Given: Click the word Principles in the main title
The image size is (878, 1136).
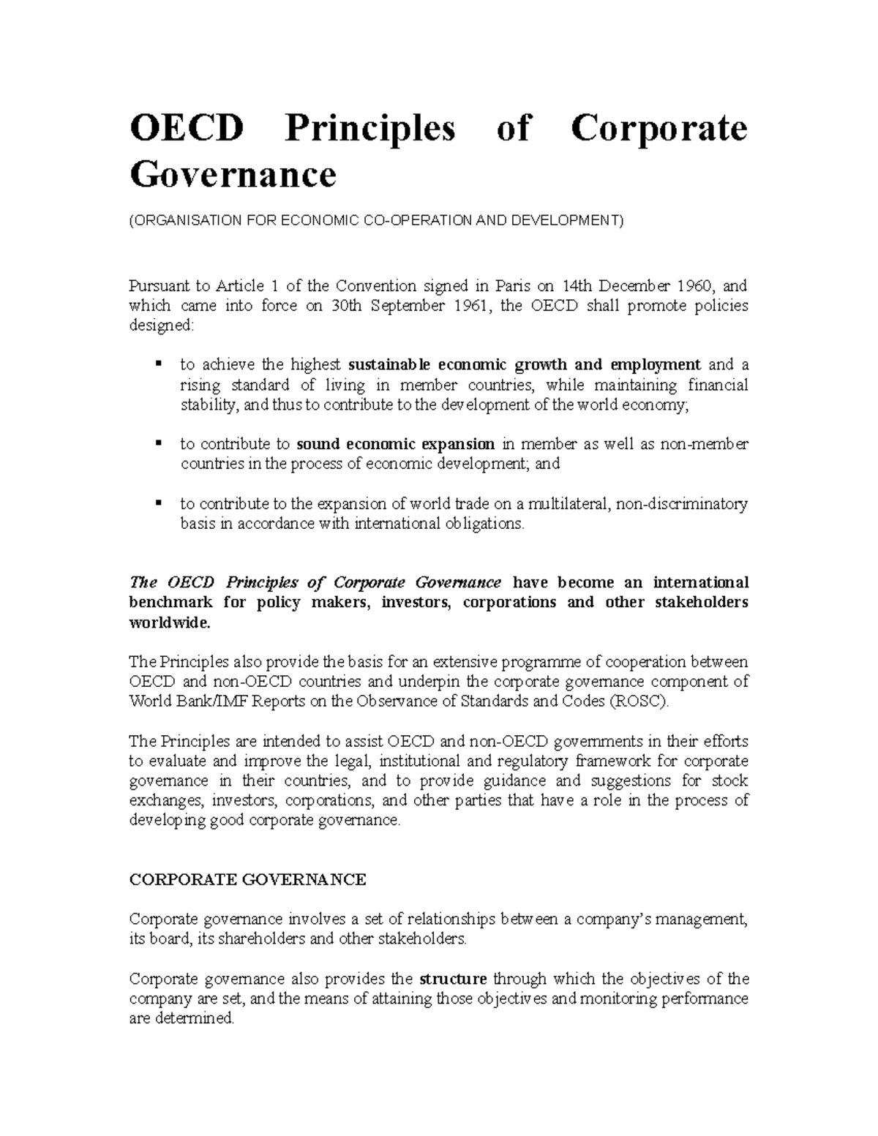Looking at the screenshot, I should (x=369, y=129).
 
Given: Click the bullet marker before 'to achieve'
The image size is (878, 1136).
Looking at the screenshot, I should (x=157, y=364).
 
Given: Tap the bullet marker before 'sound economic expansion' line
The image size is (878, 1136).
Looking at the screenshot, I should (x=157, y=443).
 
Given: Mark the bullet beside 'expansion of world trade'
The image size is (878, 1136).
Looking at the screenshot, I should (x=157, y=503).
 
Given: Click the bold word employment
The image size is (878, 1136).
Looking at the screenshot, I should (x=656, y=365).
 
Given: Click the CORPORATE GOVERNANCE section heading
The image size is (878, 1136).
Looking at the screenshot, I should (x=247, y=880).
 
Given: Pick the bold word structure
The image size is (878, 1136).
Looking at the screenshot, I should (x=453, y=979).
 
